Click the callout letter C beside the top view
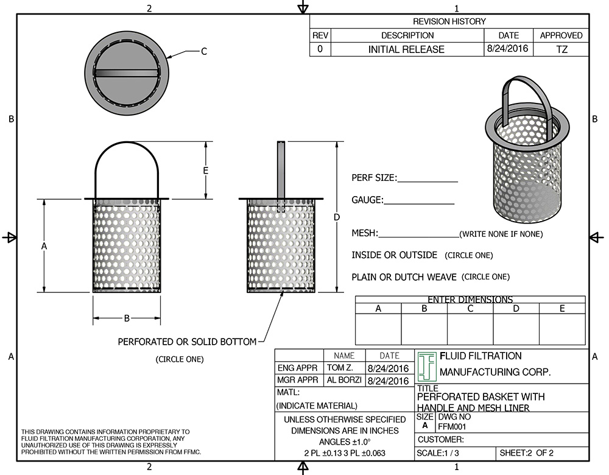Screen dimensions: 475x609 click(x=204, y=52)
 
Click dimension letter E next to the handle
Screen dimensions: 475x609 click(x=206, y=171)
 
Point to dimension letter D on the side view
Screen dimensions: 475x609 click(x=337, y=217)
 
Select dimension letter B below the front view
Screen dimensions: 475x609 click(x=127, y=318)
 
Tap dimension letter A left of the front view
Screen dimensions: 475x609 click(x=44, y=245)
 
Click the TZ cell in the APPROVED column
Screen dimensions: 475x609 click(x=561, y=49)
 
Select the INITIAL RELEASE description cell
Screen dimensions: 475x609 click(x=406, y=49)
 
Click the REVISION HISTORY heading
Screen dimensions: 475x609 click(x=449, y=21)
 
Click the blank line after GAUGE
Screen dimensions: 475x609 click(x=419, y=203)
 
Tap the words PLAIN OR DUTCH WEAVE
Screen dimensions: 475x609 click(x=404, y=277)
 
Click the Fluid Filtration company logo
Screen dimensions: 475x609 click(x=427, y=366)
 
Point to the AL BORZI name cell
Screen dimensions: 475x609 click(x=344, y=381)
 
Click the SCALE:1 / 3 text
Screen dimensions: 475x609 click(x=438, y=454)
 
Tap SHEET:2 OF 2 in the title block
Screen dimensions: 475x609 click(x=527, y=454)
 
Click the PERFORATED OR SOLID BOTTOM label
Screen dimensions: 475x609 click(x=187, y=342)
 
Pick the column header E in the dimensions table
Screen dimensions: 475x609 click(x=561, y=309)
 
